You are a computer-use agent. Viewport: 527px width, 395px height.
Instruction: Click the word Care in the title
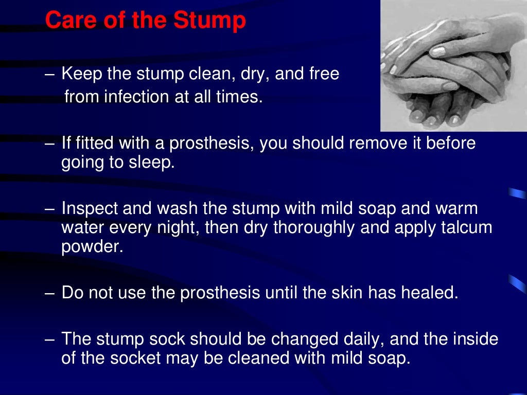64,21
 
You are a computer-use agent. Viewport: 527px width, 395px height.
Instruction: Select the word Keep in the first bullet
81,74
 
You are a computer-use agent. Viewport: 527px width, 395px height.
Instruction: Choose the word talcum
467,227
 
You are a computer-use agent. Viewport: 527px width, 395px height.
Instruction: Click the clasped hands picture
453,66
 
